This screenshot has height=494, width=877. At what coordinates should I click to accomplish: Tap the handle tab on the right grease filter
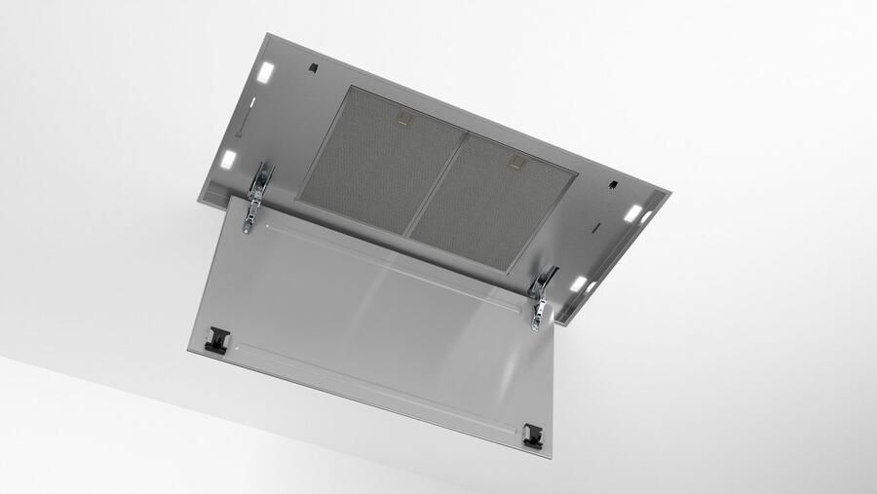tap(517, 162)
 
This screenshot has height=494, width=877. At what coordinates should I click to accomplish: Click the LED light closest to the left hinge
tap(228, 159)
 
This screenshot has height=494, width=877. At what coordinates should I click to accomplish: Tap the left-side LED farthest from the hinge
tap(265, 72)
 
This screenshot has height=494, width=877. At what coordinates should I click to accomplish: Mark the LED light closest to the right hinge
tap(578, 284)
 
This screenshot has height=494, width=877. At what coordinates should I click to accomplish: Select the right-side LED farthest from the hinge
tap(633, 212)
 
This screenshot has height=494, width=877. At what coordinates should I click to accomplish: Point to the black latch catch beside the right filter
tap(613, 183)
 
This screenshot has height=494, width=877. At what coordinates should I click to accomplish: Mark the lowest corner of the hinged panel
tap(550, 456)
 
